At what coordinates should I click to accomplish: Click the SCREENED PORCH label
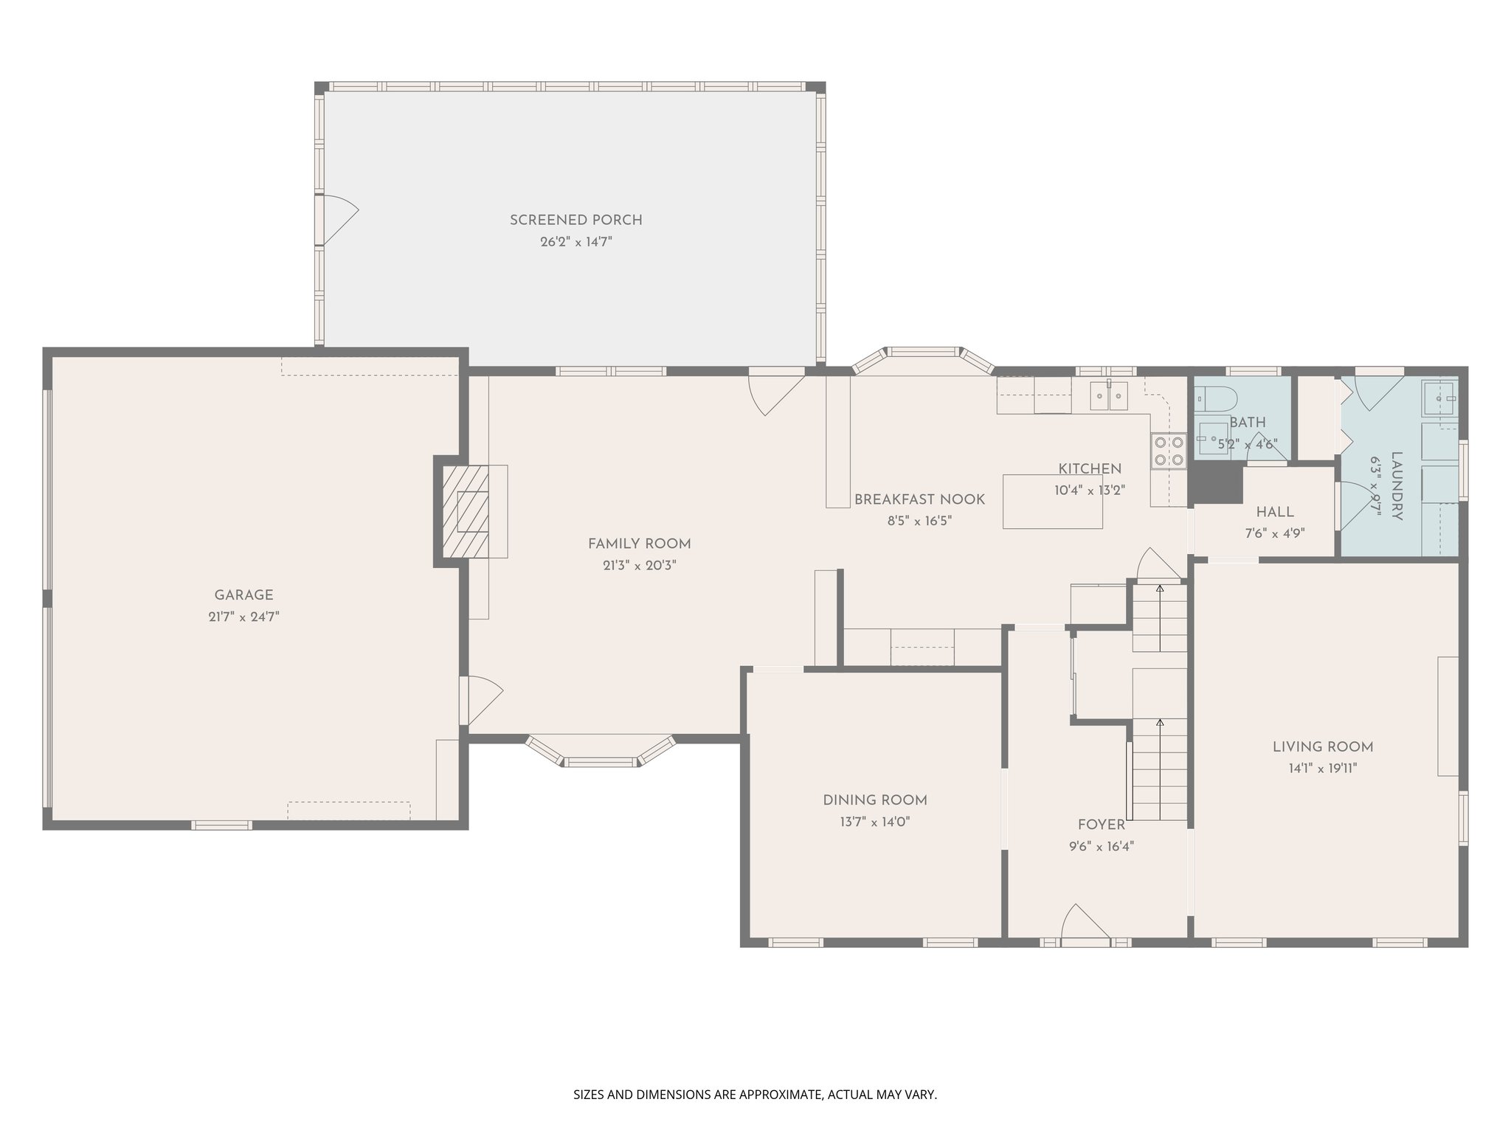575,220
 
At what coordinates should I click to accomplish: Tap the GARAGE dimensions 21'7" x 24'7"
243,617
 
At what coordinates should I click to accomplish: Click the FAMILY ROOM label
639,544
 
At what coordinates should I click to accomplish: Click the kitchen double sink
1109,396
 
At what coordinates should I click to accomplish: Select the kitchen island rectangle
1052,502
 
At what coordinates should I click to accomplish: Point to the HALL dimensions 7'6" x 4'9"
1274,533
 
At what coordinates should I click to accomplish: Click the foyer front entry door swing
1085,924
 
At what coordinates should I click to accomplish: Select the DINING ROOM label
874,800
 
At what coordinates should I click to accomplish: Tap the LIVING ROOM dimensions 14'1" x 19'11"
1322,768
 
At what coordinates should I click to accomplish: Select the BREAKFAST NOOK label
919,499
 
